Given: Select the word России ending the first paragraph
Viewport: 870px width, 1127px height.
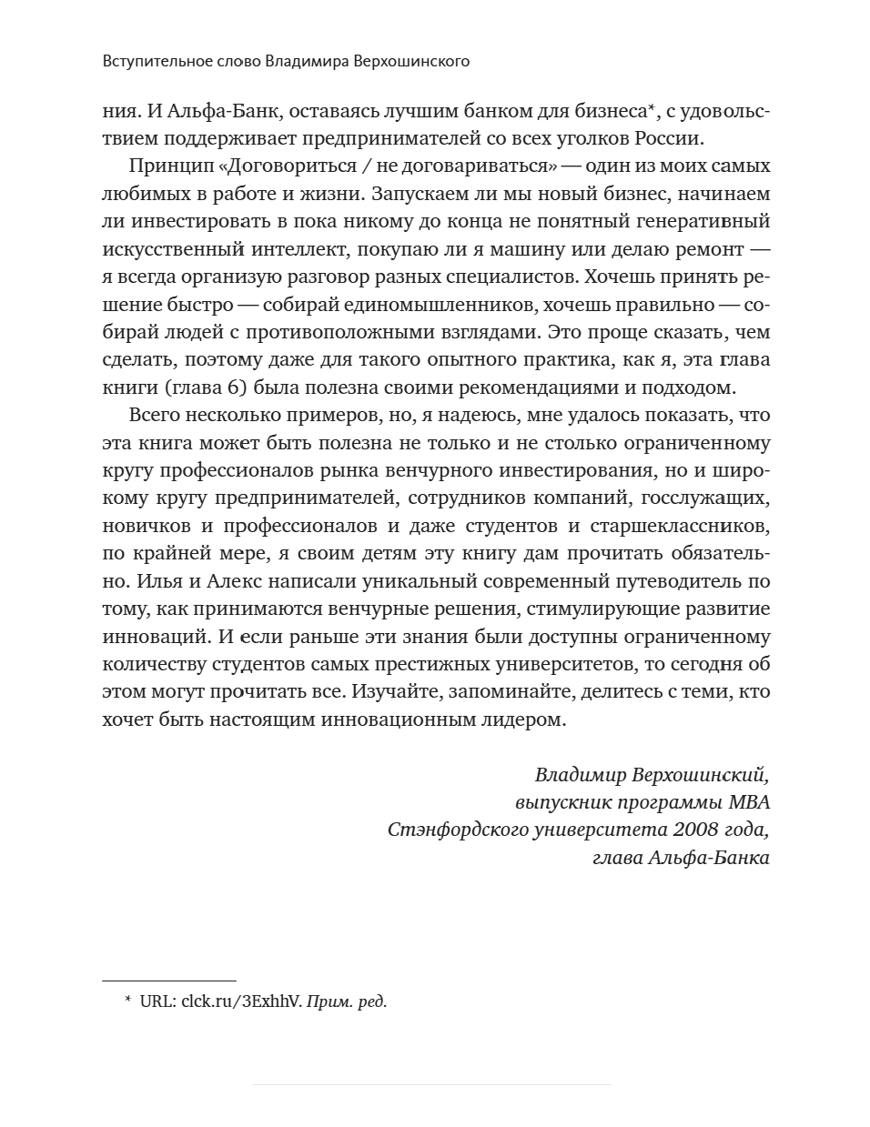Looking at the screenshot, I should click(673, 138).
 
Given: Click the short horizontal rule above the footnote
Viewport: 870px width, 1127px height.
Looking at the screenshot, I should click(169, 981).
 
